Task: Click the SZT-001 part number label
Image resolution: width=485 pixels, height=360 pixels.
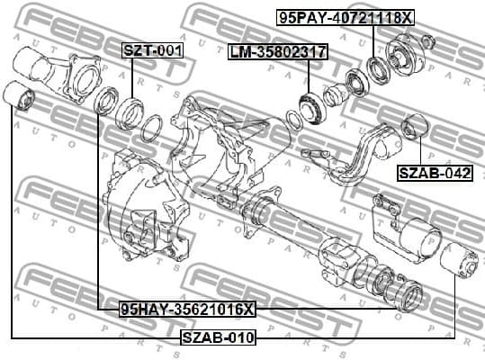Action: [x=152, y=50]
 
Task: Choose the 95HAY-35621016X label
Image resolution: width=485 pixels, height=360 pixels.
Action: [x=187, y=309]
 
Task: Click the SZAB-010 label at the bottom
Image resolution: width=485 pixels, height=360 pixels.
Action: [x=219, y=337]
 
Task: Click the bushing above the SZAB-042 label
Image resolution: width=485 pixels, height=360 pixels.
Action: [x=412, y=128]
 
